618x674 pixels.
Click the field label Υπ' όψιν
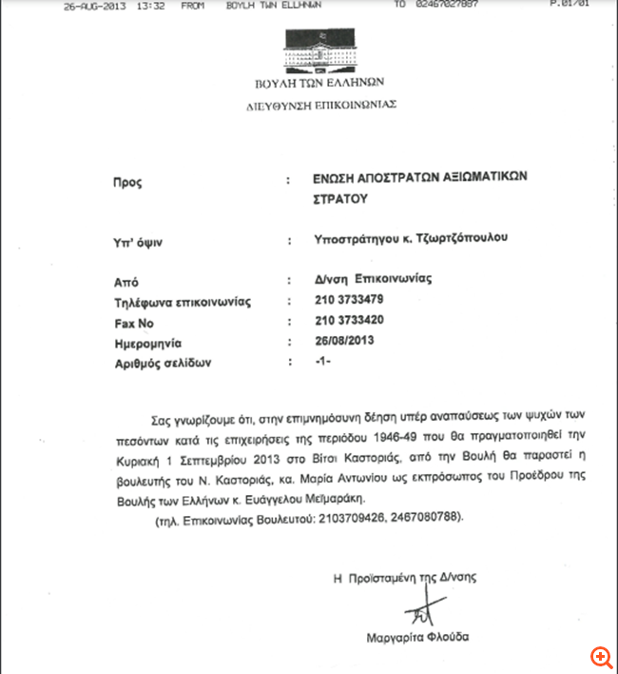coord(138,242)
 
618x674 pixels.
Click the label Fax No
coord(133,323)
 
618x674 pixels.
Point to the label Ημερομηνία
coord(147,343)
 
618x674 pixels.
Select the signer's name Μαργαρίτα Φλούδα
coord(417,637)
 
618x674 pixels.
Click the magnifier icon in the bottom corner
coord(599,657)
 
